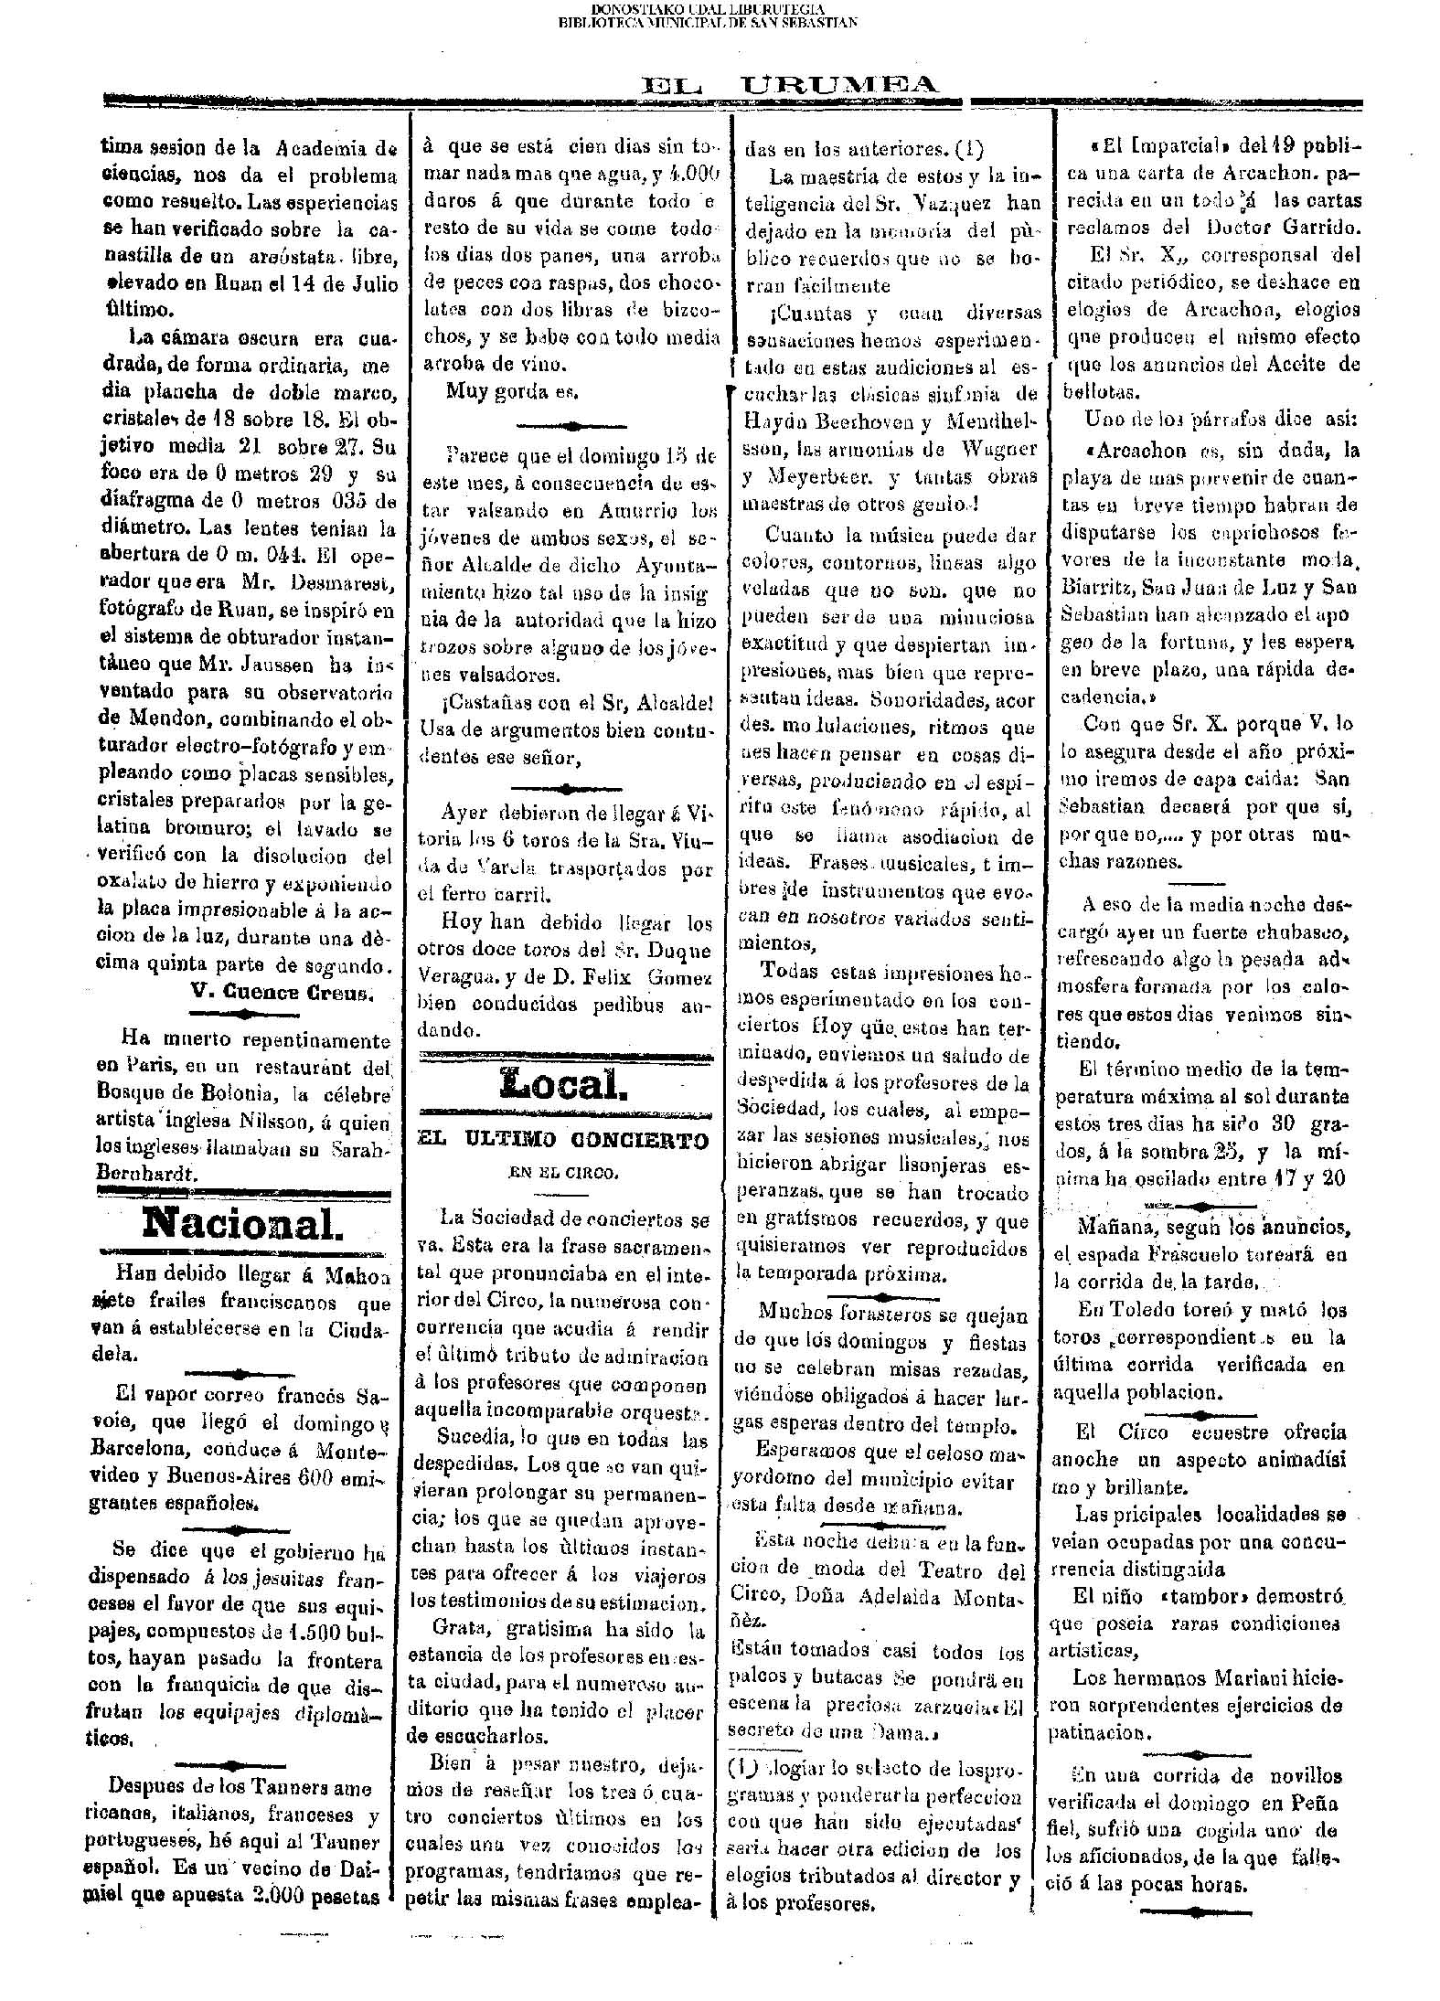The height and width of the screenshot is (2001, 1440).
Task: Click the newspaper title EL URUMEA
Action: (x=791, y=86)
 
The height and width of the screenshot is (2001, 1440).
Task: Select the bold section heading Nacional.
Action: (x=243, y=1221)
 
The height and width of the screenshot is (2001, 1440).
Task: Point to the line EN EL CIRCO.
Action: (x=563, y=1172)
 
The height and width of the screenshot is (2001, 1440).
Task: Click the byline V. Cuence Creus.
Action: (x=283, y=992)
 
